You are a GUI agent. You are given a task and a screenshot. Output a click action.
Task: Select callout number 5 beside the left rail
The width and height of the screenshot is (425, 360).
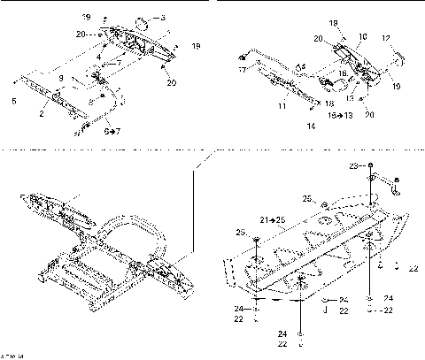point(12,101)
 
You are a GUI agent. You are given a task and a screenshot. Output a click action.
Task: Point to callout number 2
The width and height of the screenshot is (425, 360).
point(41,113)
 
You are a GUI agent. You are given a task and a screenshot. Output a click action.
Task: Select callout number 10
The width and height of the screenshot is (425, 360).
point(362,38)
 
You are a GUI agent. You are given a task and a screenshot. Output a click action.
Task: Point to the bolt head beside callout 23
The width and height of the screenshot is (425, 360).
point(371,166)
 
